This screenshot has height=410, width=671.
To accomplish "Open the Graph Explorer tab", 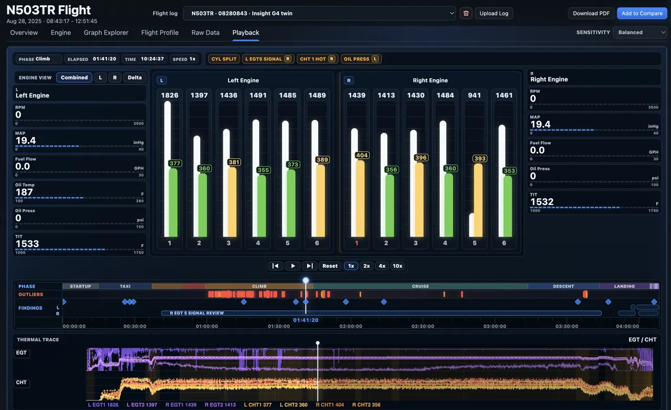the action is pos(106,33).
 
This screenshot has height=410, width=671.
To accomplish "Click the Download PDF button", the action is pos(591,13).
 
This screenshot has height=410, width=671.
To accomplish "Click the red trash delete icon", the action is pos(466,13).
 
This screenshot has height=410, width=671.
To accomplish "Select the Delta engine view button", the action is pos(135,77).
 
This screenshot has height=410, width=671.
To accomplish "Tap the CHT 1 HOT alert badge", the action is pos(317,59).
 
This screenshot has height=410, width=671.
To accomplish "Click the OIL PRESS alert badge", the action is pos(361,59).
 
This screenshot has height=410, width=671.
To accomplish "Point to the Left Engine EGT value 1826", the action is pos(169,95).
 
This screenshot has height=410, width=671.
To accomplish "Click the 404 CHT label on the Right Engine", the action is pos(362,155).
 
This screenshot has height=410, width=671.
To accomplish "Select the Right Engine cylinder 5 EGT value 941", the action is pos(474,95).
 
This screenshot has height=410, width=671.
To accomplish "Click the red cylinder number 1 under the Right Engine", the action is pos(356,243).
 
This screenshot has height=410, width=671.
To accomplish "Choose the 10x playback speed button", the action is pos(397,266).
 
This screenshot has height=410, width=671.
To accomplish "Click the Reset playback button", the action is pos(330,266).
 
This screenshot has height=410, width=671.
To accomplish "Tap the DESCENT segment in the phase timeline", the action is pos(563,286).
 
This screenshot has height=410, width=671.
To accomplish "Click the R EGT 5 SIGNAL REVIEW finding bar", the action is pos(381,313).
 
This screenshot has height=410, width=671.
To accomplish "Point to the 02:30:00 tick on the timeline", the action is pos(423,326).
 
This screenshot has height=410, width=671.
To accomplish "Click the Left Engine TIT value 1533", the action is pos(27,244).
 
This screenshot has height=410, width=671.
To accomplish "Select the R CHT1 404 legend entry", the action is pos(330,405).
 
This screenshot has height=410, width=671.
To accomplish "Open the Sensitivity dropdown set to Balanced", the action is pos(640,33).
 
